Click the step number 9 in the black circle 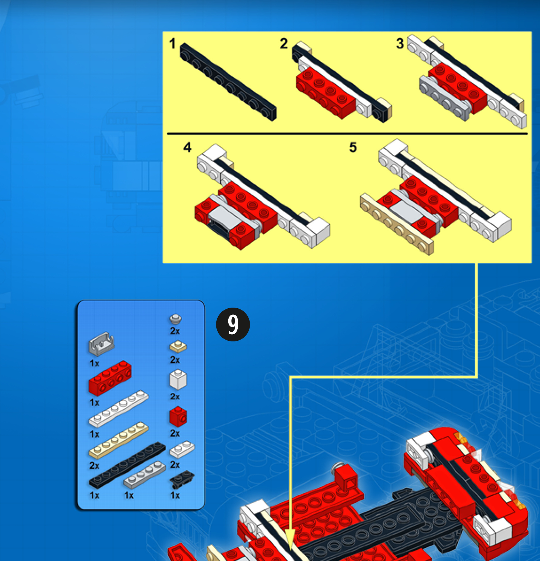tap(233, 324)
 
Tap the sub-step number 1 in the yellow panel tap(172, 43)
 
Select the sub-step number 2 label tap(284, 43)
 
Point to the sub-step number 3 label tap(400, 43)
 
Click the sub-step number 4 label tap(187, 147)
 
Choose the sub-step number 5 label tap(353, 147)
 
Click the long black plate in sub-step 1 tap(228, 81)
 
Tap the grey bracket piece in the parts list tap(101, 344)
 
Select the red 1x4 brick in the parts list tap(110, 378)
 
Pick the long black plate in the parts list tap(127, 465)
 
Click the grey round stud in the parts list tap(176, 319)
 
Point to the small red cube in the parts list tap(178, 416)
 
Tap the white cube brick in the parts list tap(178, 380)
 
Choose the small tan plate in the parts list tap(178, 347)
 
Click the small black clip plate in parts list tap(182, 479)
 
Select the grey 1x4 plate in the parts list tap(144, 475)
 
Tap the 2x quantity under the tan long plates tap(94, 466)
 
